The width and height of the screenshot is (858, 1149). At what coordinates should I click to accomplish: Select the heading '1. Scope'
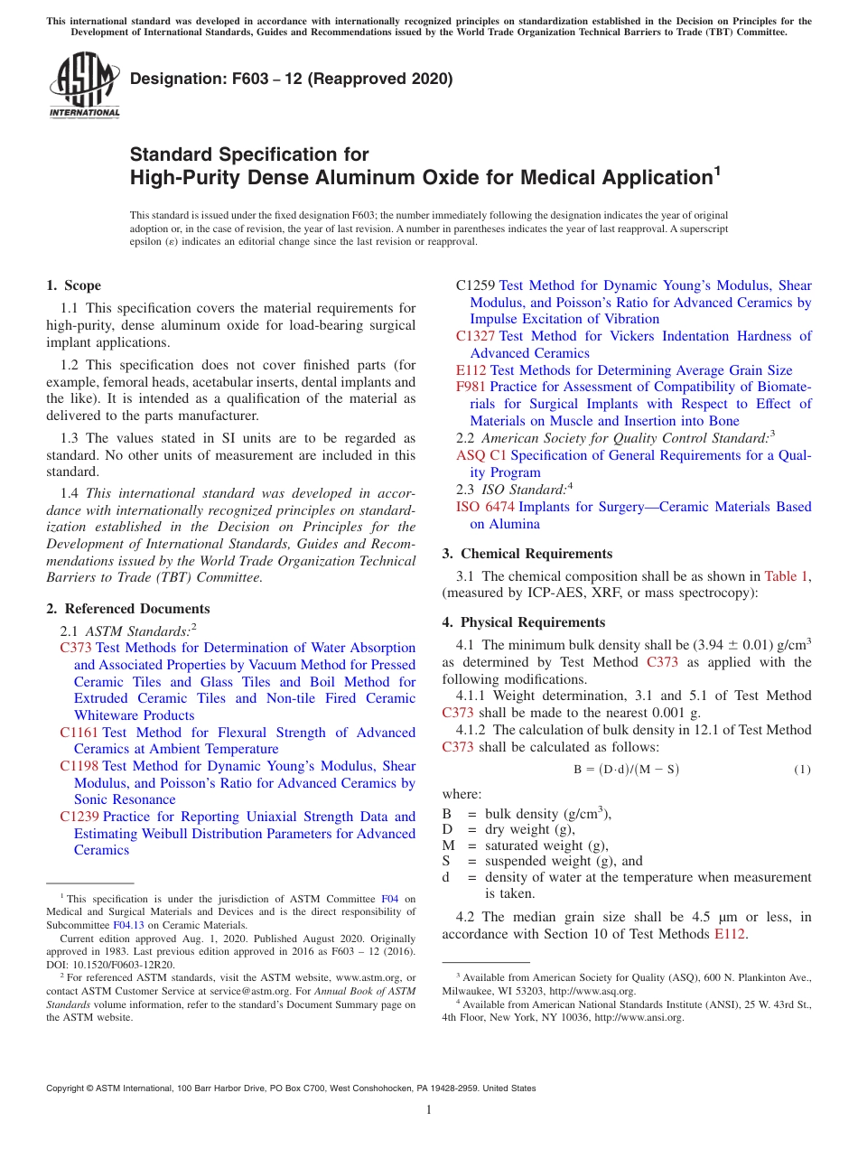pyautogui.click(x=74, y=285)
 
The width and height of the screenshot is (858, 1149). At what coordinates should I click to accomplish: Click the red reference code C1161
pyautogui.click(x=79, y=733)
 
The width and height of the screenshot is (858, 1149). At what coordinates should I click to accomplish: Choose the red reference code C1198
pyautogui.click(x=79, y=766)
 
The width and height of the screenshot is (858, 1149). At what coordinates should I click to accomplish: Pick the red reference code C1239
pyautogui.click(x=79, y=817)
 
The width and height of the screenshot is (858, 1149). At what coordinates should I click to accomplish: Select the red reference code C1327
pyautogui.click(x=475, y=336)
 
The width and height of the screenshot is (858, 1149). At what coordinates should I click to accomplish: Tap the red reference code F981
pyautogui.click(x=471, y=387)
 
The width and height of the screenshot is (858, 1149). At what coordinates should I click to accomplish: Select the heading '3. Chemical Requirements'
pyautogui.click(x=527, y=554)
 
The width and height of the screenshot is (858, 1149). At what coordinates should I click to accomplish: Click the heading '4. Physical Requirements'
pyautogui.click(x=524, y=622)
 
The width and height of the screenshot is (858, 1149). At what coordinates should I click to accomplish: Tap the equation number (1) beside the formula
pyautogui.click(x=802, y=770)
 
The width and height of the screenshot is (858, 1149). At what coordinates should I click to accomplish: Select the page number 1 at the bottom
pyautogui.click(x=429, y=1111)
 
